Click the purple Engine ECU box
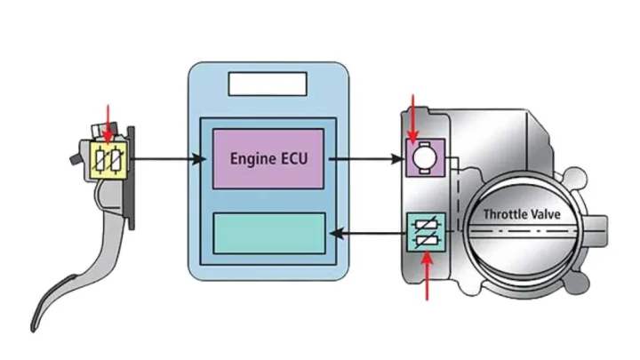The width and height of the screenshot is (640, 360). pyautogui.click(x=268, y=157)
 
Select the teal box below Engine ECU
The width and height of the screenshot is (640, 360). pyautogui.click(x=269, y=233)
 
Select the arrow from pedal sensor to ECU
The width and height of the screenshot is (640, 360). pyautogui.click(x=169, y=160)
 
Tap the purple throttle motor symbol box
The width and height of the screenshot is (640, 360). pyautogui.click(x=424, y=157)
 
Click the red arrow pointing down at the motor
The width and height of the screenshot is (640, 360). pyautogui.click(x=412, y=114)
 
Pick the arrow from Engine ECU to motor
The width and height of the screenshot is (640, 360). pyautogui.click(x=364, y=160)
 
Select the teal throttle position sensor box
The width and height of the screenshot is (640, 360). pyautogui.click(x=424, y=233)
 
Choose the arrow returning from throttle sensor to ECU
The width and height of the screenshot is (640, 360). pyautogui.click(x=364, y=234)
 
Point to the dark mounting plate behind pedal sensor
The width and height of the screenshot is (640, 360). pyautogui.click(x=132, y=178)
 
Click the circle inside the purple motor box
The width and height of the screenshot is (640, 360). pyautogui.click(x=424, y=156)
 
